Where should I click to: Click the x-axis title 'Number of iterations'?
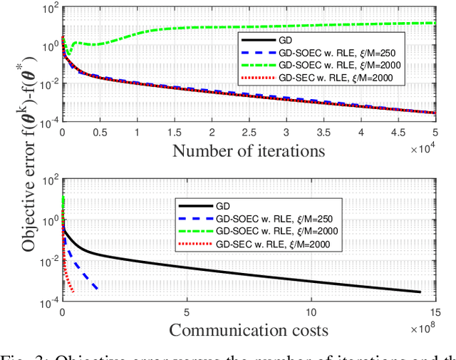[x=248, y=150]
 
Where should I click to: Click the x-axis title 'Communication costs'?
[x=248, y=329]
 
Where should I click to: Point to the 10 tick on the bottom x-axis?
[x=311, y=312]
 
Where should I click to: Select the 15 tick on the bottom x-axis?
[x=434, y=312]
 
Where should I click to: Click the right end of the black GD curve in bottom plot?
[x=421, y=292]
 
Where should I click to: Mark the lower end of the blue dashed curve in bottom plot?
[x=97, y=288]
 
